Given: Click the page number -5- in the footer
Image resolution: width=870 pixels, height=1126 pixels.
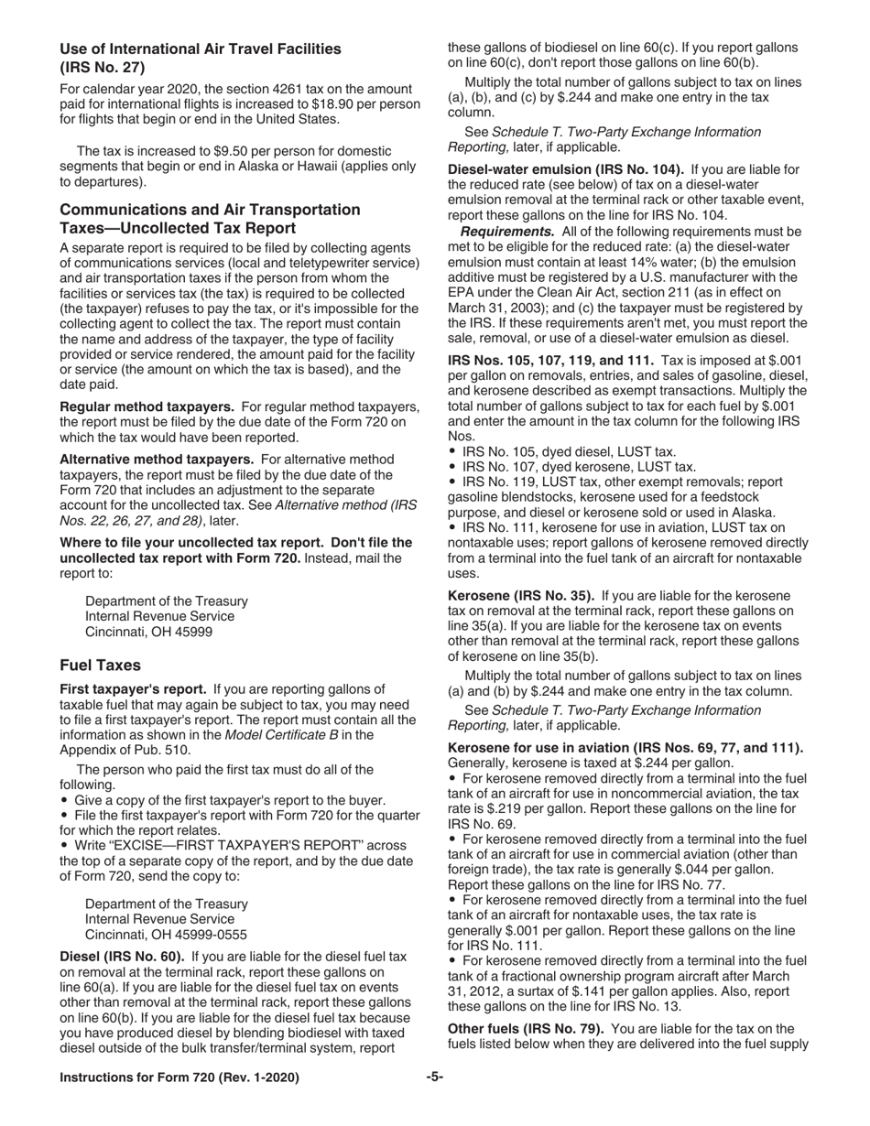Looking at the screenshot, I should coord(435,1077).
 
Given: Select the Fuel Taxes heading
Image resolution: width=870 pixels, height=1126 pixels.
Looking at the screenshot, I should coord(101,665).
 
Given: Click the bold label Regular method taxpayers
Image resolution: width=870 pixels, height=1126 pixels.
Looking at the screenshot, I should coord(148,406).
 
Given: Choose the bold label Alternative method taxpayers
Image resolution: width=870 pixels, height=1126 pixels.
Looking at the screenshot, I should coord(157,460).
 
